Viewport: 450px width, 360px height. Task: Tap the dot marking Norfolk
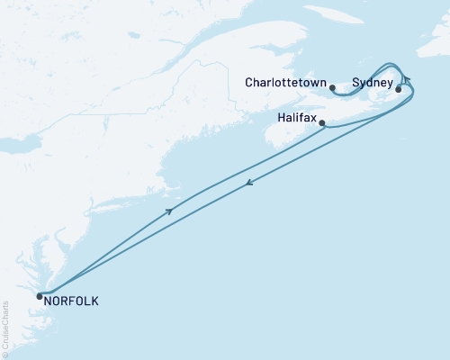pyautogui.click(x=40, y=296)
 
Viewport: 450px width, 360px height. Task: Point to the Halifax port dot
pyautogui.click(x=323, y=123)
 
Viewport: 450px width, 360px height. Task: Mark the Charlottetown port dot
pyautogui.click(x=333, y=88)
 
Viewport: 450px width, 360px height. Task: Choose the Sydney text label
pyautogui.click(x=373, y=82)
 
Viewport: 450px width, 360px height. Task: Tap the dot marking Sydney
pyautogui.click(x=399, y=89)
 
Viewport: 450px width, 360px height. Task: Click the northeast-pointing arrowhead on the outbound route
pyautogui.click(x=169, y=211)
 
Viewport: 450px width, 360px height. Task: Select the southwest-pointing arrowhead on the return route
pyautogui.click(x=248, y=184)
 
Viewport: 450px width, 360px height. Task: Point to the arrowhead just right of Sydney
pyautogui.click(x=406, y=81)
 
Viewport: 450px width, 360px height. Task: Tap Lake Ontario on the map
pyautogui.click(x=27, y=144)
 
